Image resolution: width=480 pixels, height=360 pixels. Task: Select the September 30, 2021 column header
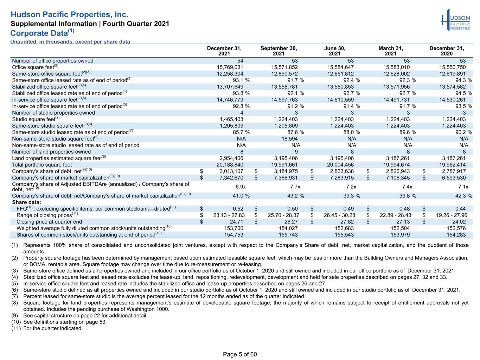coord(279,51)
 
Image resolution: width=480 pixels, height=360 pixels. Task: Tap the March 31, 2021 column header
coord(391,51)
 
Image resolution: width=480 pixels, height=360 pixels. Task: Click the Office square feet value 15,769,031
coord(230,67)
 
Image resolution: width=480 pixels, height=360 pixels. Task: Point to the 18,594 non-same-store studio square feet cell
coord(289,139)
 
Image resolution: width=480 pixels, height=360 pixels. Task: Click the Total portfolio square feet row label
coord(42,165)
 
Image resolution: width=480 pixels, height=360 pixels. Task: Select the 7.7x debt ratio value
coord(295,187)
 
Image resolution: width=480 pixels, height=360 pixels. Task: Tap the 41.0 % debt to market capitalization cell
coord(241,195)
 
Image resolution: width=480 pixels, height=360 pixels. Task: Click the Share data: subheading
coord(26,202)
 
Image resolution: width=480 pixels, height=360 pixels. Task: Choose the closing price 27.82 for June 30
coord(347,221)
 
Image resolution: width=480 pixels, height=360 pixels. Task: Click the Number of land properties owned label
coord(51,152)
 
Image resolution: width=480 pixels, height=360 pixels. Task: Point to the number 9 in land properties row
coord(296,152)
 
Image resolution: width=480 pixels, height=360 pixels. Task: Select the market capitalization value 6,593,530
coord(454,178)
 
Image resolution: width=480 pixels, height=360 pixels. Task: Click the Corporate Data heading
coord(42,33)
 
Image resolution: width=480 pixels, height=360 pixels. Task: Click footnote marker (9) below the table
coord(15,315)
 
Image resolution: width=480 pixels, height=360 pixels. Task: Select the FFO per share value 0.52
coord(238,209)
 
